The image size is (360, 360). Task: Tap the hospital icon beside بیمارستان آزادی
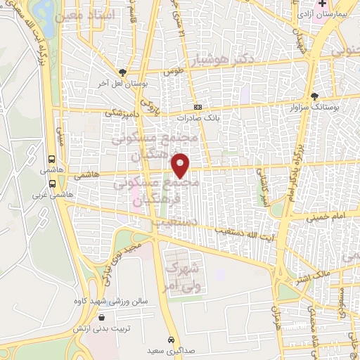coord(322,4)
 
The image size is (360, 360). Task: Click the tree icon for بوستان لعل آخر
coord(124,72)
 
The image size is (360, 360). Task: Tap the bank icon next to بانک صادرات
coord(199,107)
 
